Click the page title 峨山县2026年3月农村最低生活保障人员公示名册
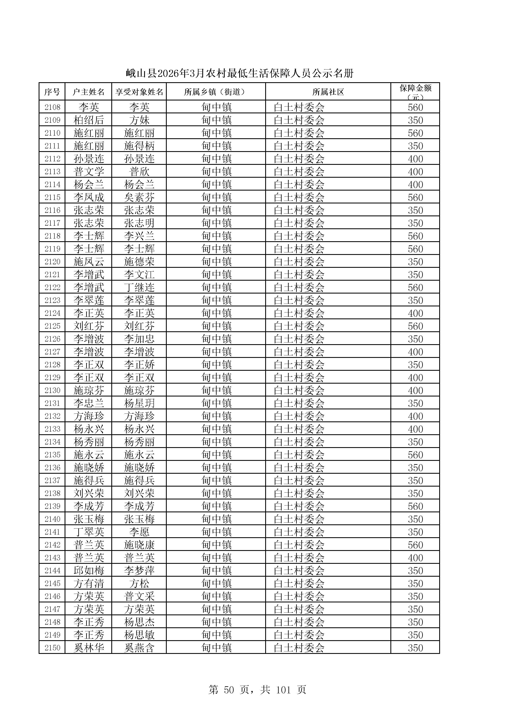click(x=239, y=73)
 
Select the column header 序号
click(x=52, y=92)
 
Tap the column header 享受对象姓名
click(x=139, y=92)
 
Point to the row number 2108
click(x=52, y=107)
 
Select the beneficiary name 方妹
click(x=139, y=120)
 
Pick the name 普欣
click(x=139, y=171)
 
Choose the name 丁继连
click(x=139, y=288)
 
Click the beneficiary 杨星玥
click(x=139, y=403)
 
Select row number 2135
click(x=52, y=455)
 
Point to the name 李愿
click(x=139, y=532)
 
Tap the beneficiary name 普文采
click(x=139, y=596)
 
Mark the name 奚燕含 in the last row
click(x=139, y=648)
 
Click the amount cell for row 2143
click(x=415, y=558)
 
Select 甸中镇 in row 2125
click(x=217, y=326)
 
